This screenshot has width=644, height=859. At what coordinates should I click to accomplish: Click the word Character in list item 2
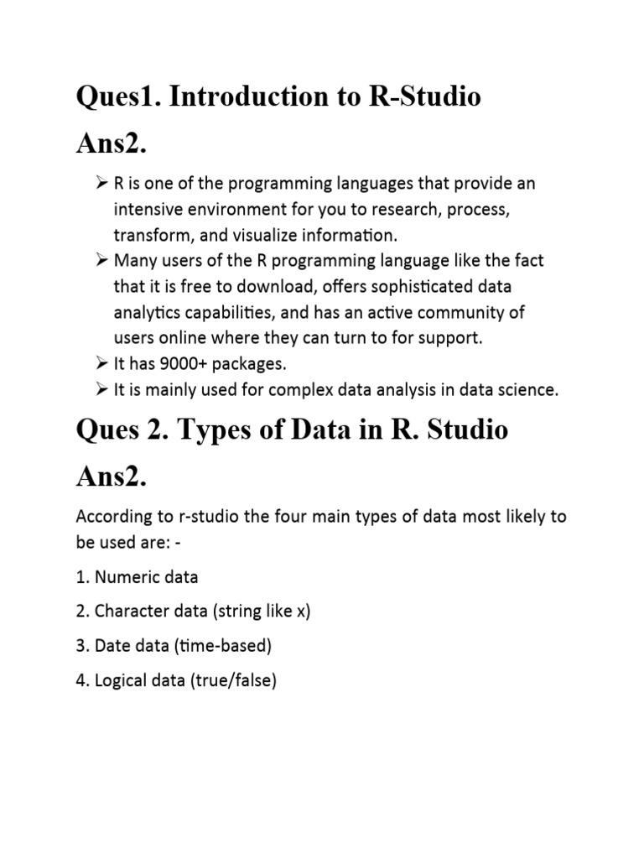click(x=132, y=612)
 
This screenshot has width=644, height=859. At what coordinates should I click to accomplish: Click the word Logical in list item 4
click(x=122, y=680)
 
